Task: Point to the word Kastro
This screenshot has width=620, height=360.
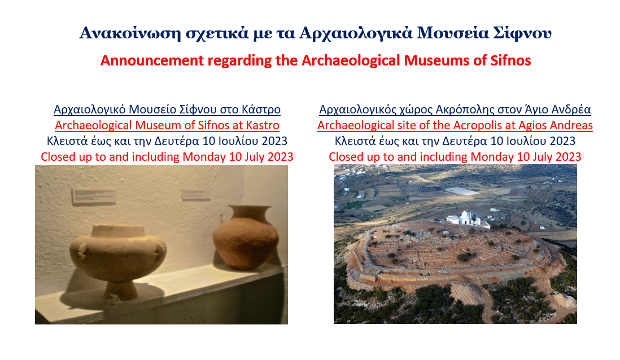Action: tap(263, 125)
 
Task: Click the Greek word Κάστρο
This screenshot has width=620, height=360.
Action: tap(263, 109)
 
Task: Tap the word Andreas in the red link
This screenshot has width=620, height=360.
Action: tap(570, 125)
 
